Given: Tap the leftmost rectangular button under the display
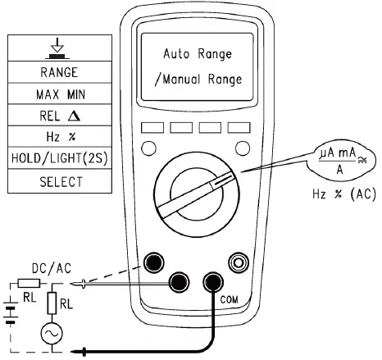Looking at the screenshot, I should [x=152, y=129].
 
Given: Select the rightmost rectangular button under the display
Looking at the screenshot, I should [x=238, y=129].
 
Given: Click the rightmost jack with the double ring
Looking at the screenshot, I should [x=239, y=262].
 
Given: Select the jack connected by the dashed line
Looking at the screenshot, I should [x=152, y=262].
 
